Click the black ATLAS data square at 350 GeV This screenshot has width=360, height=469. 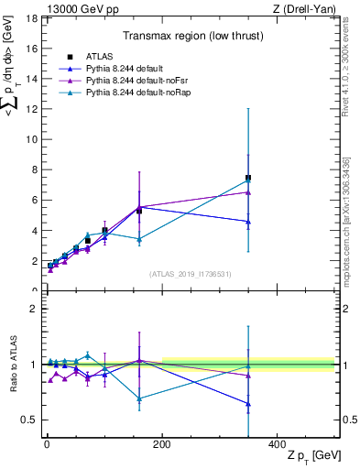click(x=248, y=178)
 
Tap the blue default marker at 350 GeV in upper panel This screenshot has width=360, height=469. click(x=248, y=222)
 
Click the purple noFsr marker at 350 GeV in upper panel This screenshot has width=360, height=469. click(x=248, y=192)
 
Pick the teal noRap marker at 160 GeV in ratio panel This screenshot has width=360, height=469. click(x=139, y=398)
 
